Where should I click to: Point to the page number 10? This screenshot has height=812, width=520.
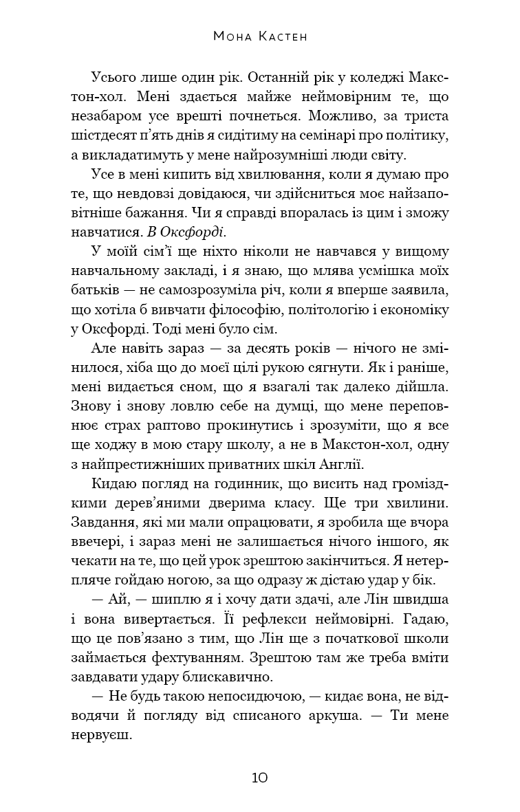pos(260,778)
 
